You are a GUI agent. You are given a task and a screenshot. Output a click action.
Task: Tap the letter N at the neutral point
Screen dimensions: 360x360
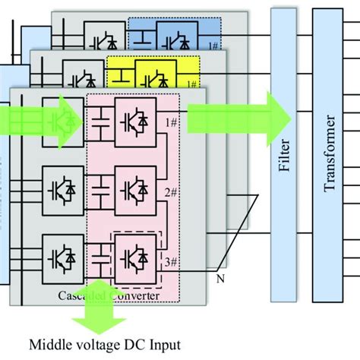(x=221, y=278)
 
